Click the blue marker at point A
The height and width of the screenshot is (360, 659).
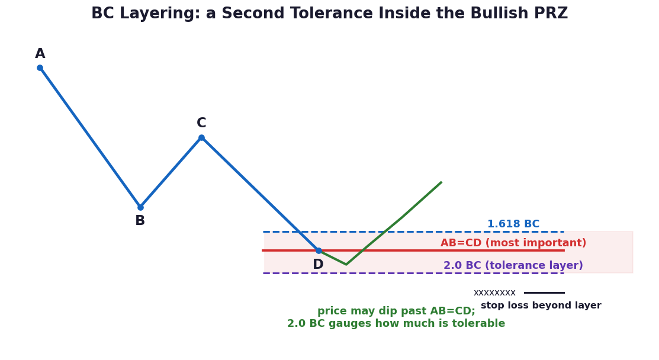pos(40,67)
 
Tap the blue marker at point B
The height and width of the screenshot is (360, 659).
pos(140,207)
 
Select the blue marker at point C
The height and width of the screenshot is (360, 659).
pos(201,137)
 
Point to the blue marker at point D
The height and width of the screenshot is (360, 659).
pos(319,250)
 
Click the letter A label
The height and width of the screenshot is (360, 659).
pos(40,54)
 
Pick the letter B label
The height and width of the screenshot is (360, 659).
pos(140,220)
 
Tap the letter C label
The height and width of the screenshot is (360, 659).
pos(201,123)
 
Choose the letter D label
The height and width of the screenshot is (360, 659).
pos(318,265)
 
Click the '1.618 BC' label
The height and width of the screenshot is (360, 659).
pos(513,224)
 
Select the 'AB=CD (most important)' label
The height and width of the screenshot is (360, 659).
pos(513,243)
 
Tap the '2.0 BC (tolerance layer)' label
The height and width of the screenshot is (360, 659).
pos(513,265)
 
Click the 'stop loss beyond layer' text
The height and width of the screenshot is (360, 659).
pos(541,306)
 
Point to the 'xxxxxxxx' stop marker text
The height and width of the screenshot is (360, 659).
pos(494,292)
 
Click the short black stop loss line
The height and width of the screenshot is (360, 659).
pos(544,292)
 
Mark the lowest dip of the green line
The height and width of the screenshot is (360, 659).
pos(346,264)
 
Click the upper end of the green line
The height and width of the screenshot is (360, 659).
pos(441,182)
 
